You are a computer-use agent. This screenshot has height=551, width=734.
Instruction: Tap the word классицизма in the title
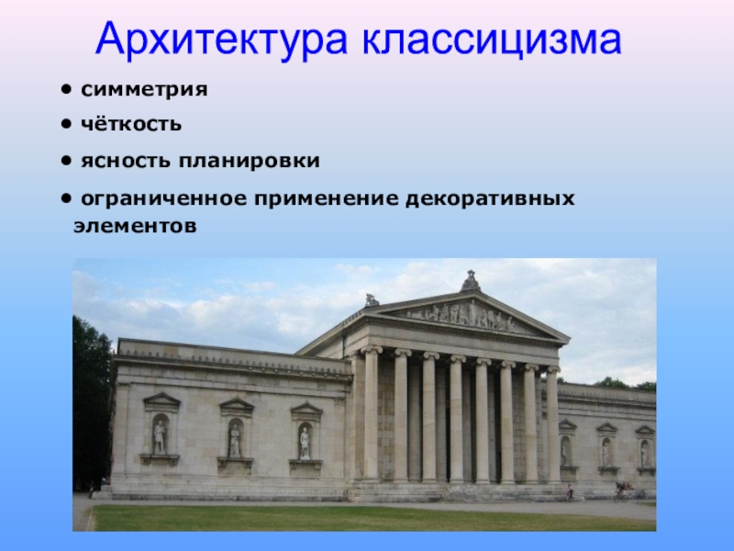[x=492, y=39]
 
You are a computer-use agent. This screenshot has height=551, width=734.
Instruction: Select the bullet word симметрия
[x=144, y=89]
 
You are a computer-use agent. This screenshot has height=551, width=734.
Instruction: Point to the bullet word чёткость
[x=131, y=125]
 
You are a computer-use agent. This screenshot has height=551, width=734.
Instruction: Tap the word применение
[x=327, y=199]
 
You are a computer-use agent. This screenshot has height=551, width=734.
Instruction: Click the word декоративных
[x=491, y=199]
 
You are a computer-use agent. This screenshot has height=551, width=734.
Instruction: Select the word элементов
[x=135, y=226]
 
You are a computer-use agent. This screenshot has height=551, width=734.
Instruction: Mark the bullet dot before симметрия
[x=66, y=88]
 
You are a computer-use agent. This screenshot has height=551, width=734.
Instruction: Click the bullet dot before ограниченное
[x=66, y=198]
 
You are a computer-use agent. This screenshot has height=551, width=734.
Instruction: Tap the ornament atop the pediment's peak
[x=471, y=281]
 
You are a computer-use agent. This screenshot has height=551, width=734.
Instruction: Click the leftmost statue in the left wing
[x=160, y=437]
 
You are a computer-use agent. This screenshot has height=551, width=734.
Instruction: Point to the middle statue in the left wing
[x=235, y=441]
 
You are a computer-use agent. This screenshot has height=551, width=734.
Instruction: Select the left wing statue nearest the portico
[x=305, y=444]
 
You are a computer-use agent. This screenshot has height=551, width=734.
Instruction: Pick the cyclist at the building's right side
[x=622, y=491]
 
